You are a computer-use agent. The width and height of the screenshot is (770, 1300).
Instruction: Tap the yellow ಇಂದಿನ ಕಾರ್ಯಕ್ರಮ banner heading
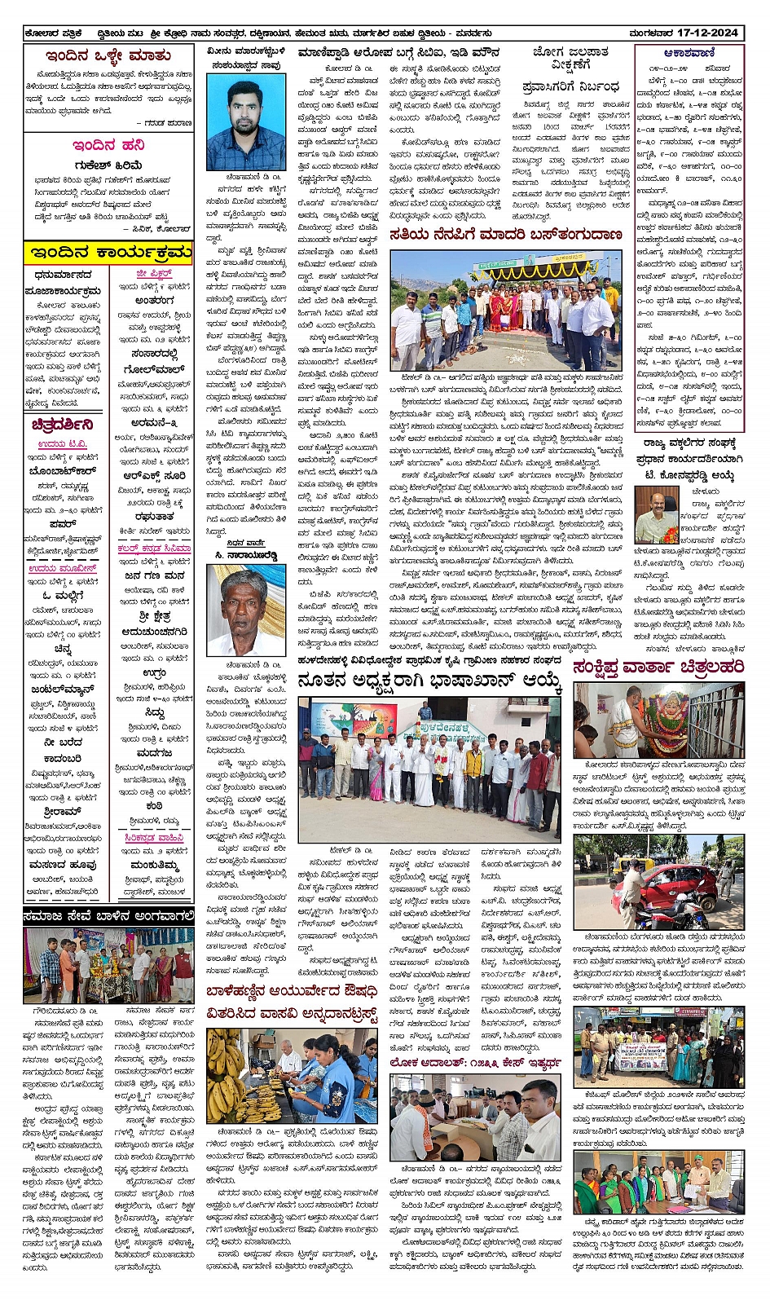coord(108,252)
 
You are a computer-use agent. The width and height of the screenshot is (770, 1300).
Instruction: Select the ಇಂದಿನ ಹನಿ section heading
coord(108,146)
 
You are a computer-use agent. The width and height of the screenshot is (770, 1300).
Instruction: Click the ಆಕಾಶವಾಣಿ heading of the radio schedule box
coord(689,53)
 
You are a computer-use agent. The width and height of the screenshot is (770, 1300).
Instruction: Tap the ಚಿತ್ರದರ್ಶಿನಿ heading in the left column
coord(62,425)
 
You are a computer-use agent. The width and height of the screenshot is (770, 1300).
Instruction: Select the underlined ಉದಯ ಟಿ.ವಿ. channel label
coord(62,444)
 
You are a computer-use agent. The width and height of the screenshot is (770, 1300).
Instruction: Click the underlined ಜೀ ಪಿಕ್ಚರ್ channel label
coord(153,274)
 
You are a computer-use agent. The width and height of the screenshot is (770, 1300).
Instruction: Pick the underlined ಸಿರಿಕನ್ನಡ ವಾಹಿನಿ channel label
coord(154,838)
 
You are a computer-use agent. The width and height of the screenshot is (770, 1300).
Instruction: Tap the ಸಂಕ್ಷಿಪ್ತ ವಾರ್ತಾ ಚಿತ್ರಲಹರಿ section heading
coord(658,668)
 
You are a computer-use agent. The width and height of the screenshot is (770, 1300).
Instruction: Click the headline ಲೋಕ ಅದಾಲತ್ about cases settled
coord(475,1064)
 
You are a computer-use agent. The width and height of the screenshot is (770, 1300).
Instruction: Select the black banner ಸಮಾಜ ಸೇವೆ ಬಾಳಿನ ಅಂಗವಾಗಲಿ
coord(108,918)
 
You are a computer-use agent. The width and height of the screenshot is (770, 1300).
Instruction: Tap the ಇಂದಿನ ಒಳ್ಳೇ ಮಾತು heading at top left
coord(108,55)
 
